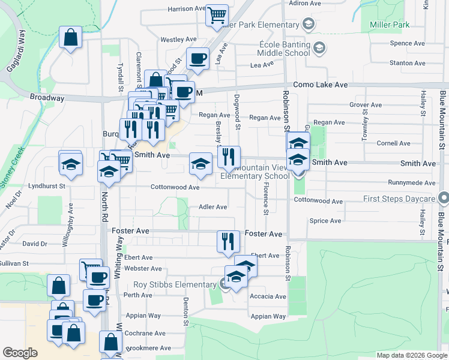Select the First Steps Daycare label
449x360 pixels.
399,199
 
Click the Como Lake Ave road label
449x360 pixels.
320,85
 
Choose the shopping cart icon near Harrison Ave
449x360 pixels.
217,16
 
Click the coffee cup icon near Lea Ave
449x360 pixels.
197,58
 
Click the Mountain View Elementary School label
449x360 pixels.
255,172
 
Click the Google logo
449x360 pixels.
20,353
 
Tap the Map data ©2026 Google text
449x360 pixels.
411,355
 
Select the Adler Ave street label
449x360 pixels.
212,207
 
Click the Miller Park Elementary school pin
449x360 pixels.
309,24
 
